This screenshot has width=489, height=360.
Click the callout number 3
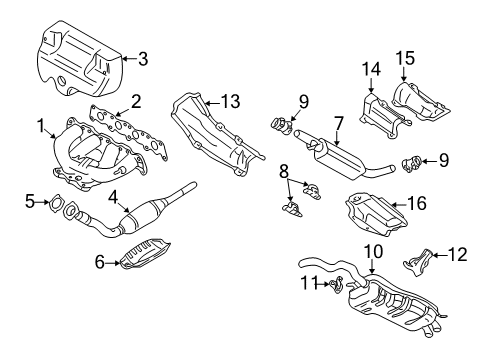click(x=143, y=59)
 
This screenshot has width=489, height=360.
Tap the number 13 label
click(x=230, y=101)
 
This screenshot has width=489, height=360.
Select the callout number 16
click(x=417, y=203)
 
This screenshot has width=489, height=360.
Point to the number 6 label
click(x=100, y=262)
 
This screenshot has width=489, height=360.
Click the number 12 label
click(x=458, y=255)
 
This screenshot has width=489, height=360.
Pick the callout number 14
click(x=371, y=69)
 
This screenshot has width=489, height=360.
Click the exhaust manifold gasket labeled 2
click(x=128, y=132)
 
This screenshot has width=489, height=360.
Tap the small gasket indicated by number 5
click(x=55, y=202)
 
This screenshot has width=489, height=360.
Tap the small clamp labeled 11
click(x=336, y=284)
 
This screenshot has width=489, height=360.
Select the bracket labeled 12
click(x=418, y=262)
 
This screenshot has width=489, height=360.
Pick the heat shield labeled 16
click(x=375, y=213)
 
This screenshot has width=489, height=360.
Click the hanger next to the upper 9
click(x=281, y=126)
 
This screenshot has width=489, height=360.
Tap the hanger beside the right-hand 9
click(x=412, y=163)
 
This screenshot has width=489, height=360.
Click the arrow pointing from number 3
click(x=129, y=59)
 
